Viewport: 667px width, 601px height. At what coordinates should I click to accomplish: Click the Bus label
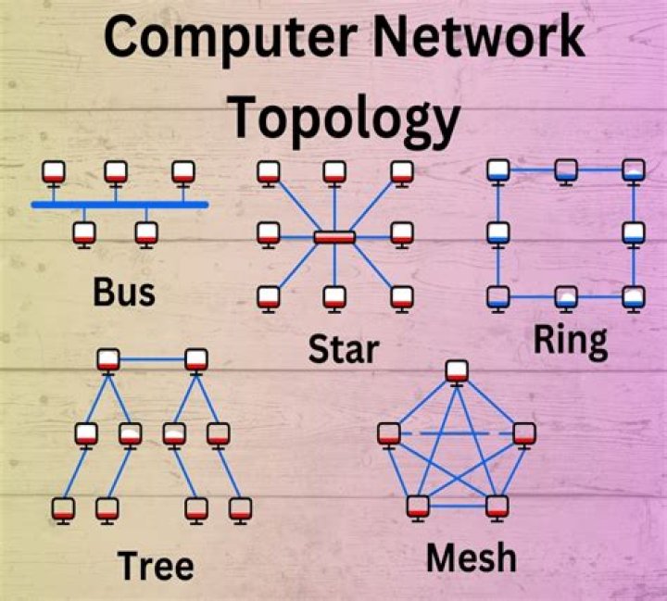point(123,292)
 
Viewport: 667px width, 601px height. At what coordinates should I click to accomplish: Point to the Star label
point(344,350)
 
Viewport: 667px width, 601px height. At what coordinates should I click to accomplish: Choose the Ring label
point(570,342)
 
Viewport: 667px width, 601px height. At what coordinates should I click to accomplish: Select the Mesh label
point(471,557)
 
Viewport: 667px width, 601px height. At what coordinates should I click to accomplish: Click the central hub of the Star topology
point(334,237)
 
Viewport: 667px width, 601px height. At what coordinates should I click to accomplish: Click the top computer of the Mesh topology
point(456,371)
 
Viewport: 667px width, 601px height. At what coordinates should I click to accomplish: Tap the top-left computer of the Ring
point(499,169)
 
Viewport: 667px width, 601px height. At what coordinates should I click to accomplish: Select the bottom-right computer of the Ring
point(633,296)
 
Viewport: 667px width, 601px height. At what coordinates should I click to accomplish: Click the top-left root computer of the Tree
point(109,359)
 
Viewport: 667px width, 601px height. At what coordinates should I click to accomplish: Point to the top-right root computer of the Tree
point(196,359)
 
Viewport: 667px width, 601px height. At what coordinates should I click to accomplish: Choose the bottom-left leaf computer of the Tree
point(64,507)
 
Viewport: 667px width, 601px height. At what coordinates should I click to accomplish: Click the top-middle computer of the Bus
point(115,171)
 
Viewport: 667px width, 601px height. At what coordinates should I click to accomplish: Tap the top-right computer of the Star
point(401,171)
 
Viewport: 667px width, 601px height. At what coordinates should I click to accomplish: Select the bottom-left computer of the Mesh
point(418,506)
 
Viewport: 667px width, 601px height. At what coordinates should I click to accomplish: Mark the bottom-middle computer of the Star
point(334,297)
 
